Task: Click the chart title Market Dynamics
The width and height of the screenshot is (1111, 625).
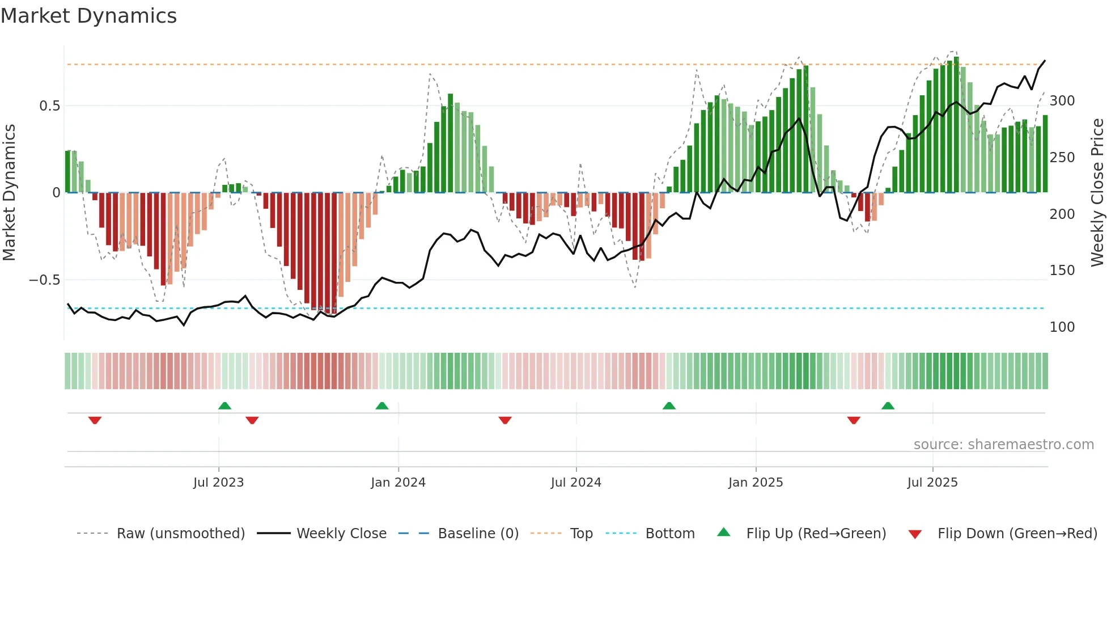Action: coord(88,16)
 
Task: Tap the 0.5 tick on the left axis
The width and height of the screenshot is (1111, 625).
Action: coord(49,106)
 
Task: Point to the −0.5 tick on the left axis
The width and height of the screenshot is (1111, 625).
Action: coord(44,280)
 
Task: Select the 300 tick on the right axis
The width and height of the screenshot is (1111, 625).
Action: coord(1062,101)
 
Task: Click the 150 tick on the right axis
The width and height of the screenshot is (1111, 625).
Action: coord(1062,271)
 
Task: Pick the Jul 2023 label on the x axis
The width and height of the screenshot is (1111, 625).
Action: coord(218,483)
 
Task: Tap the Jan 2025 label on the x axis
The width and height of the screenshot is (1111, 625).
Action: coord(755,483)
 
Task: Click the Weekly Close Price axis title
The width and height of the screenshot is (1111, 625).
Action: coord(1097,192)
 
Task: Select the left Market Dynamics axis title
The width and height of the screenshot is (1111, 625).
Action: coord(9,192)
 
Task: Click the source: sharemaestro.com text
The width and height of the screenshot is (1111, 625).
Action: coord(1003,445)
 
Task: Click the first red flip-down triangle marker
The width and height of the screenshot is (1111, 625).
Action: coord(95,420)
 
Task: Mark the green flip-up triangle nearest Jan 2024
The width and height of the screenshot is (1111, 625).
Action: coord(382,406)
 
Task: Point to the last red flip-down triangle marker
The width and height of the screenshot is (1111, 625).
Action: coord(854,420)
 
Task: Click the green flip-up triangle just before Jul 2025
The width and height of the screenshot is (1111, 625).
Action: coord(888,406)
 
